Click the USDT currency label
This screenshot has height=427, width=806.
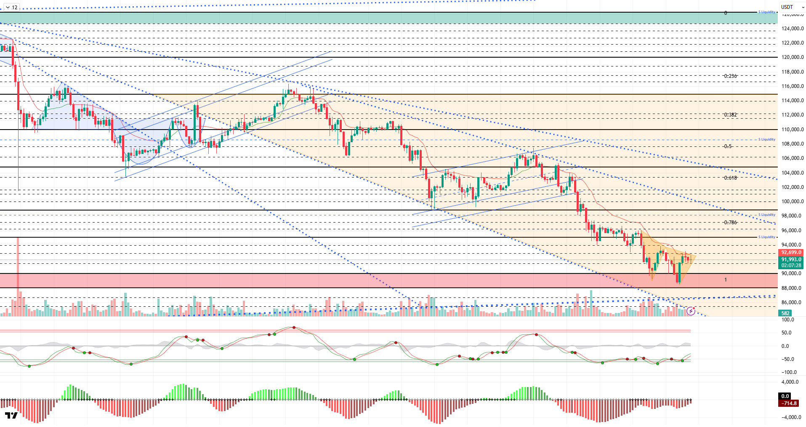coord(787,7)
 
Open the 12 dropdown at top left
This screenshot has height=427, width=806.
coord(11,7)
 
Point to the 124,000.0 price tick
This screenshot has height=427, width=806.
coord(793,29)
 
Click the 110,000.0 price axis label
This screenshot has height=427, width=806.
coord(793,130)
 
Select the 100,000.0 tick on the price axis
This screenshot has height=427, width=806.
coord(793,202)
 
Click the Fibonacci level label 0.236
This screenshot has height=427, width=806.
coord(730,76)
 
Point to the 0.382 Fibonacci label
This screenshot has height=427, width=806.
coord(730,115)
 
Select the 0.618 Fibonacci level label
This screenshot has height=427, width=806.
coord(730,178)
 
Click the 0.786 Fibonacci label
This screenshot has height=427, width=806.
coord(730,223)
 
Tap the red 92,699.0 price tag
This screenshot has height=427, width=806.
coord(791,253)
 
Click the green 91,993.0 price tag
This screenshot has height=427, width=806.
coord(791,260)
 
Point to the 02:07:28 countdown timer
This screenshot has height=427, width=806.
coord(791,265)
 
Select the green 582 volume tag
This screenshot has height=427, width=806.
coord(785,313)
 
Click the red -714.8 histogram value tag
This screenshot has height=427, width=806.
coord(789,403)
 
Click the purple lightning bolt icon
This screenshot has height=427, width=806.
coord(691,311)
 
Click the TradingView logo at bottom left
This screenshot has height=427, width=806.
coord(11,416)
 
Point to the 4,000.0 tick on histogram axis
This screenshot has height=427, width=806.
coord(790,382)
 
